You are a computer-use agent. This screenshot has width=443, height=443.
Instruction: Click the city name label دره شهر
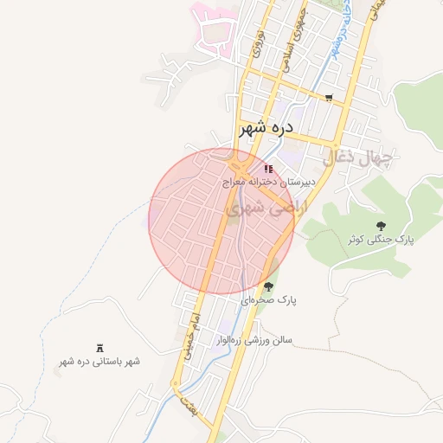[266, 127]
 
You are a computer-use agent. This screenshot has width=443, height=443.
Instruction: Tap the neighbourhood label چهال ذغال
[357, 157]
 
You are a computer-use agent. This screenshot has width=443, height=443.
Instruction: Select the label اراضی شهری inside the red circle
[259, 209]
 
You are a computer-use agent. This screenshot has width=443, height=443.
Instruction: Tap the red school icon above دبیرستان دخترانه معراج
[269, 169]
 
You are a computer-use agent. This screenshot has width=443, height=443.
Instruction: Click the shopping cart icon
[328, 97]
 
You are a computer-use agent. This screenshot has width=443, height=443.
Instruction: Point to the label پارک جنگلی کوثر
[381, 239]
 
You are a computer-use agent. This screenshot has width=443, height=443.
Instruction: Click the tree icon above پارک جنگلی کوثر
[381, 225]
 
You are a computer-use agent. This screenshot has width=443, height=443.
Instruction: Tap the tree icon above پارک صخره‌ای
[268, 286]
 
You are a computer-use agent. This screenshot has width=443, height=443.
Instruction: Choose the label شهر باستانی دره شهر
[99, 361]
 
